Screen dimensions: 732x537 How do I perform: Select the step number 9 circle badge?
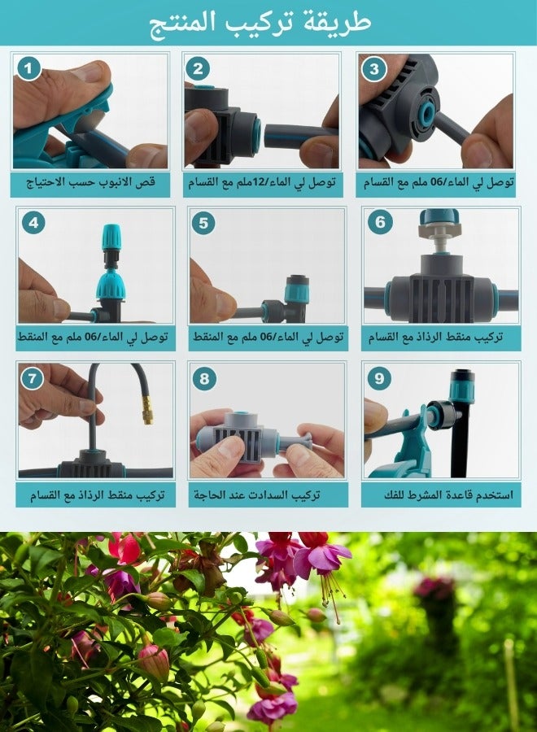pos(379,378)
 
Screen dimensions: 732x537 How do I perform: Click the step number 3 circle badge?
pos(373,69)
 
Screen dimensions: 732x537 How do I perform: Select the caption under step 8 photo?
pos(268,494)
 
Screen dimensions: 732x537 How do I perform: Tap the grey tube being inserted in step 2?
pos(297,135)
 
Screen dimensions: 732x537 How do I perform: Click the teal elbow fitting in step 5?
pos(296,291)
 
